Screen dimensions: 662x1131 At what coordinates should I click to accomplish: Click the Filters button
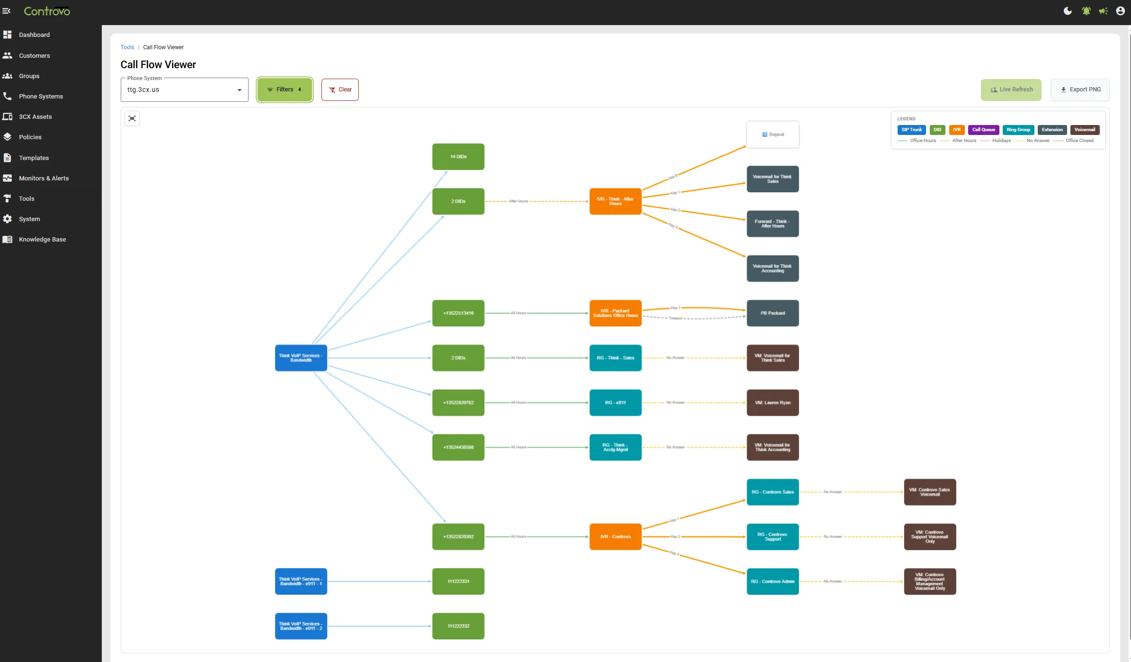click(285, 89)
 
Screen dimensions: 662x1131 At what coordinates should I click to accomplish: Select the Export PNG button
click(1080, 89)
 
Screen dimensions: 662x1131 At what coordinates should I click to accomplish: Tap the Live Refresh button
click(1011, 89)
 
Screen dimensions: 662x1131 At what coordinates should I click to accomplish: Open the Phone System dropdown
click(184, 90)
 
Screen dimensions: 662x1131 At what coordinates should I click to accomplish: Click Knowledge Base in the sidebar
click(42, 240)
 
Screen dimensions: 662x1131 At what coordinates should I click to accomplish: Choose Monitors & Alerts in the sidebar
click(44, 179)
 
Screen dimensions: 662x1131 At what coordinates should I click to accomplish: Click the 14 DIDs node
click(458, 157)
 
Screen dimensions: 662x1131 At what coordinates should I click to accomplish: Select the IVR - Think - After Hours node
click(615, 201)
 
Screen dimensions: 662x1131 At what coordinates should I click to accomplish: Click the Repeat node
click(773, 134)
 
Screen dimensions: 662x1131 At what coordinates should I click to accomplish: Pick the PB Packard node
click(773, 313)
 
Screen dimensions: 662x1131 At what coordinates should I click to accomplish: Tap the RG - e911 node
click(615, 403)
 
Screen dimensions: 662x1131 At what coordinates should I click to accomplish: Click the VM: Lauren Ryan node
click(773, 403)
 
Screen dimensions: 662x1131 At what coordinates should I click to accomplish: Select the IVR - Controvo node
click(615, 537)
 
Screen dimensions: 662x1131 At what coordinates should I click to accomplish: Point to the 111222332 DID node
click(458, 626)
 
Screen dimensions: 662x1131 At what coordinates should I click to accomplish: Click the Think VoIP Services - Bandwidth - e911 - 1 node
click(301, 581)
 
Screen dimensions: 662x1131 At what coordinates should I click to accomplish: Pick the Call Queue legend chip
click(983, 130)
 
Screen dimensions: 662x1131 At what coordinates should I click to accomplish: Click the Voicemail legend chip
click(1085, 130)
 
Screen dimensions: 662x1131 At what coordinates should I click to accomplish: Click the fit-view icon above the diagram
click(132, 118)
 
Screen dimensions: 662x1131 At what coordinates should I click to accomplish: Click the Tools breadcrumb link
click(127, 47)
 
